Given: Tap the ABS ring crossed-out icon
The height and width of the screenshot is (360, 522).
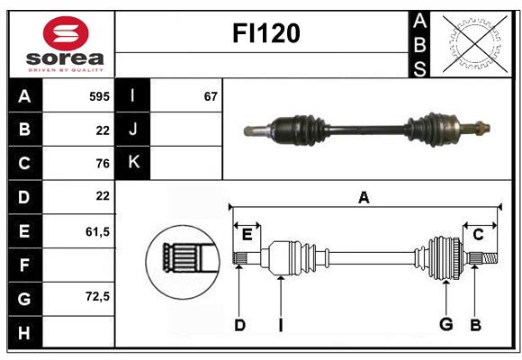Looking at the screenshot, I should pos(474,43).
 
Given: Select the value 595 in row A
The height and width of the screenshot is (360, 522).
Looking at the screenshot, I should pos(99,95).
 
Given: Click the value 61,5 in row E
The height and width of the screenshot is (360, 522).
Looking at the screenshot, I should pos(97,231).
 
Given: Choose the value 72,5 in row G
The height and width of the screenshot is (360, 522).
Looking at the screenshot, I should pos(97,296).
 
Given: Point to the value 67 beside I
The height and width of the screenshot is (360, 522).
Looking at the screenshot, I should pos(211,95).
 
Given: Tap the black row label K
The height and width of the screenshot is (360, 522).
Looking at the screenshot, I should pos(133,163).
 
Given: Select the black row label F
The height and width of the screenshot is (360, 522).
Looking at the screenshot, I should pos(24,265).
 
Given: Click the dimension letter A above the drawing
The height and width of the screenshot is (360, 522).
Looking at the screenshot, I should pos(364,197).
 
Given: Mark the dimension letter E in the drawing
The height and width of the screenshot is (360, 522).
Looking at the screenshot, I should pos(247,235).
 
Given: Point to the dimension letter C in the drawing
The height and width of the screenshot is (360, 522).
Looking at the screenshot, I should pos(478,235).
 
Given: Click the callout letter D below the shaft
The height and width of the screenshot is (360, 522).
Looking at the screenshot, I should pos(239,325).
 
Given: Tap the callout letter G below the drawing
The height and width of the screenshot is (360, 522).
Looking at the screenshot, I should pos(445,325).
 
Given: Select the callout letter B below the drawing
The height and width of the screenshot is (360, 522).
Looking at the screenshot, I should pos(476,325).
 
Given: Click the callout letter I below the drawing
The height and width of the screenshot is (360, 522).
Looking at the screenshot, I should pos(280,325).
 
